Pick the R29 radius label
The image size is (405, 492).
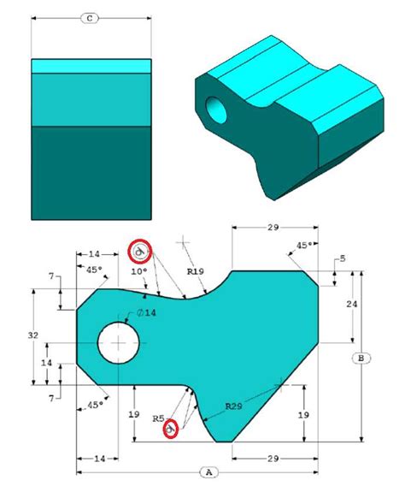point(237,405)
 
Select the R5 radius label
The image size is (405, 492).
point(158,418)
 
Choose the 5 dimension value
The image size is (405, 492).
point(342,258)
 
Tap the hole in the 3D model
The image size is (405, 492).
point(219,109)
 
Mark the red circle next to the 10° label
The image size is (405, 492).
point(139,251)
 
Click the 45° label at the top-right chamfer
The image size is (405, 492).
point(302,245)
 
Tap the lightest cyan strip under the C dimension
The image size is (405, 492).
point(90,66)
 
